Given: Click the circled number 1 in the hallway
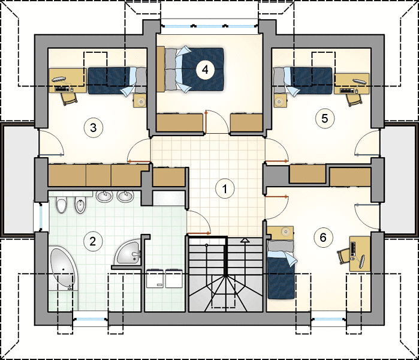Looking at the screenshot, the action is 225,188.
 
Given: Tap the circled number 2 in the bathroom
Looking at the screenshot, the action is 93,242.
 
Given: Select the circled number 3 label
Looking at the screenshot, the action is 94,128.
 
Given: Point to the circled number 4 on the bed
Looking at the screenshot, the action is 205,70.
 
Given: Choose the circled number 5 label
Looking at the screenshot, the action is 325,118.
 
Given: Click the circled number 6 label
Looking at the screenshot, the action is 323,237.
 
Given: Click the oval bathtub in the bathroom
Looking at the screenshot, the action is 63,269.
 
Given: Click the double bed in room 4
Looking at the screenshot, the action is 190,70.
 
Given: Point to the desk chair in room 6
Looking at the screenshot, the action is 343,256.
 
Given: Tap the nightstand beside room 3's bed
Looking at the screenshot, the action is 140,101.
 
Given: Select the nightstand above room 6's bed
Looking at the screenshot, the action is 281,232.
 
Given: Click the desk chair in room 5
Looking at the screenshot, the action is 354,100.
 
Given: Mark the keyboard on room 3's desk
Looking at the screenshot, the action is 62,89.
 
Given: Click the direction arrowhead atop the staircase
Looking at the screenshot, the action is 244,240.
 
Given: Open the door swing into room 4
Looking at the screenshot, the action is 217,121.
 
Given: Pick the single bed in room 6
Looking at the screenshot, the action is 281,269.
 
